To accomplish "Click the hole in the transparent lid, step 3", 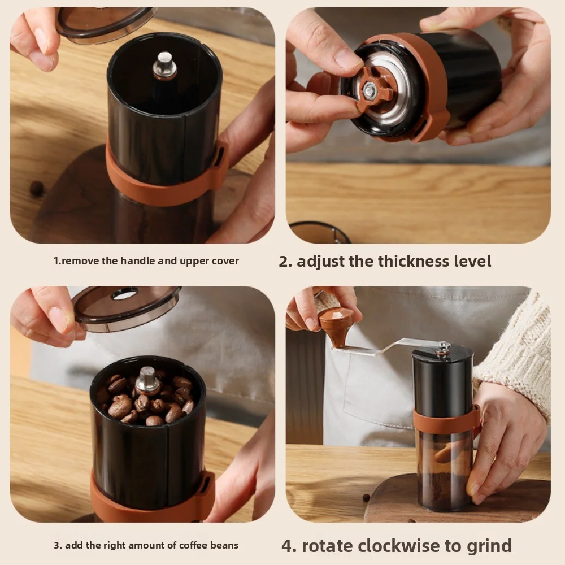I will (124, 294).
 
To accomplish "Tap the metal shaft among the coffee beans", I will (148, 380).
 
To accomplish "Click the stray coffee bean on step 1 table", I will (37, 188).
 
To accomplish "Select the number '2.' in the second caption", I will (285, 261).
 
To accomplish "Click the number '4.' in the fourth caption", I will (289, 546).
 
